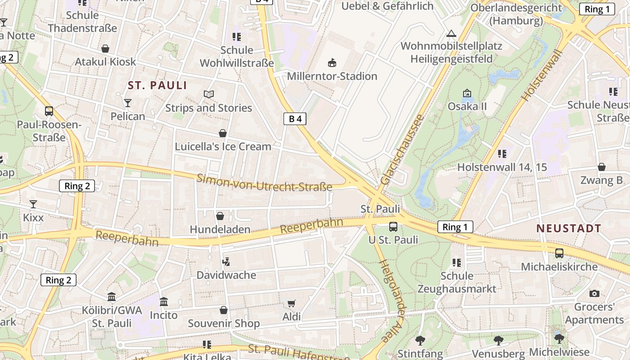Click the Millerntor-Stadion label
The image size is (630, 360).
(332, 76)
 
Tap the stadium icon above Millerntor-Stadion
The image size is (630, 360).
(333, 62)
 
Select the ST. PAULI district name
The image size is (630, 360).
(157, 85)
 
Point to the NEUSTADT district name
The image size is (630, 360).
(569, 228)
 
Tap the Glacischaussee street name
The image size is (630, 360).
(402, 149)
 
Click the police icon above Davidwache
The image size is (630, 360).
(226, 261)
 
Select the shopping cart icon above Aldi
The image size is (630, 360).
(291, 303)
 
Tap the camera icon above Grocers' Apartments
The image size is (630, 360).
(594, 293)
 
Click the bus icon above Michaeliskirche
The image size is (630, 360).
(559, 253)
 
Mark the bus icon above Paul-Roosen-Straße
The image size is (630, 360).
(49, 111)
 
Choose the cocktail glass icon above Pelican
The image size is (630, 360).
(128, 103)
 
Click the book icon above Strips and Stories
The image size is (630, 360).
(208, 94)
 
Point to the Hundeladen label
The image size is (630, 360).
(220, 229)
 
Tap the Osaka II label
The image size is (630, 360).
(467, 107)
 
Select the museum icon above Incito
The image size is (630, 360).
(164, 301)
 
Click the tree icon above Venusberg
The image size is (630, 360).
(498, 340)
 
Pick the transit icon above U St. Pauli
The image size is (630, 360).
(393, 226)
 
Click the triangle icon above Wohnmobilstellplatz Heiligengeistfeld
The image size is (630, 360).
(451, 33)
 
